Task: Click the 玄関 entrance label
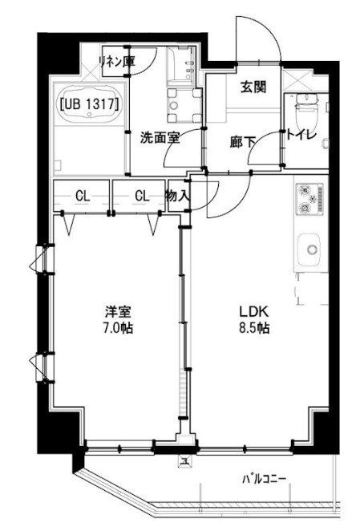(253, 87)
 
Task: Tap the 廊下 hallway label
(242, 142)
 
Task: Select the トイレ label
(301, 135)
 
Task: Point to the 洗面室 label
(160, 138)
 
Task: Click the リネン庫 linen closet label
(117, 61)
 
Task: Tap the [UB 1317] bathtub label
(90, 104)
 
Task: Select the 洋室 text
(118, 311)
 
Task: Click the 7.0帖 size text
(118, 328)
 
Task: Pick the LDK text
(254, 310)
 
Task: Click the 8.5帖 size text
(254, 328)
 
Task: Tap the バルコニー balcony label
(264, 479)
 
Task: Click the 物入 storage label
(177, 196)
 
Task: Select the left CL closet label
(83, 196)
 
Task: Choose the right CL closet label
(142, 196)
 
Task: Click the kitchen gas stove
(309, 199)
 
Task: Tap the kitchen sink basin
(309, 250)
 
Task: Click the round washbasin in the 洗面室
(174, 106)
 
